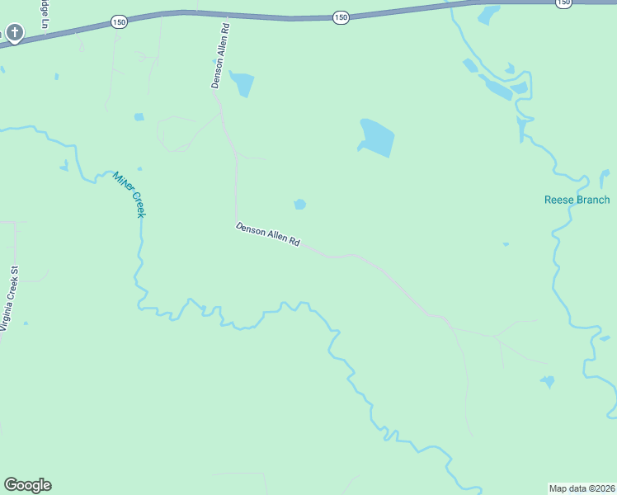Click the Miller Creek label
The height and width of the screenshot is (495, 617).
pos(130,194)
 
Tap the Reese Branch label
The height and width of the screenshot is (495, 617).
pos(577,200)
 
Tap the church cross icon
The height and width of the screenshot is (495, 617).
pos(14,33)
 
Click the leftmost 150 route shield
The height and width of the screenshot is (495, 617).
pos(120,22)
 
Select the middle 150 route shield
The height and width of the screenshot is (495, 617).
pos(341,16)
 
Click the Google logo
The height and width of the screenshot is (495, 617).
pos(27,485)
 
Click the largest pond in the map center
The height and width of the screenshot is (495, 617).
pos(377,138)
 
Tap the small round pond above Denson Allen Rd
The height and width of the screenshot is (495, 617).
pos(299,204)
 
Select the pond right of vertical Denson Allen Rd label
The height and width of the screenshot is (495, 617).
pos(243,83)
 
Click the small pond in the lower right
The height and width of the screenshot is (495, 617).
pos(547,381)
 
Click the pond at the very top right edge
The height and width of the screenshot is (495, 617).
pos(489,14)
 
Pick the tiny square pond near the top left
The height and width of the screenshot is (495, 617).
pos(139,116)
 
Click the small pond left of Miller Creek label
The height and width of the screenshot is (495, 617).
pos(64,166)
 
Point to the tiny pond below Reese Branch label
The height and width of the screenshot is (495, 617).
pos(506,244)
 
